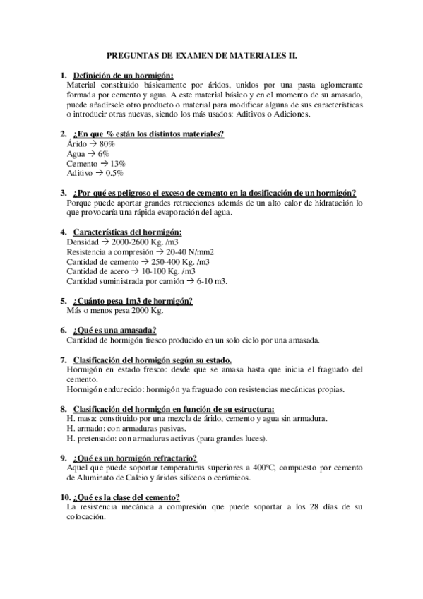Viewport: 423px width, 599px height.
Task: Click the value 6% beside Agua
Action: (x=103, y=153)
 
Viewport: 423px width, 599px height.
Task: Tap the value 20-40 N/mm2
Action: (x=182, y=251)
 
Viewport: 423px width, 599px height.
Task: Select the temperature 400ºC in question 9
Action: (x=292, y=468)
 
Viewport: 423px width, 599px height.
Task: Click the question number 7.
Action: (x=64, y=359)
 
